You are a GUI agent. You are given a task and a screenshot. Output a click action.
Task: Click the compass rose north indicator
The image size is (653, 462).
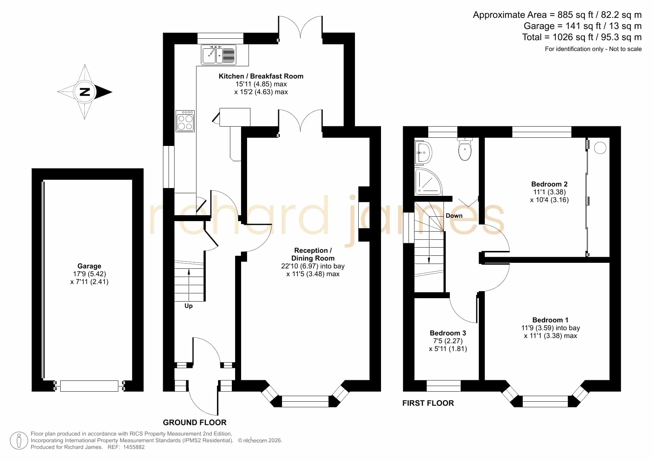point(85,92)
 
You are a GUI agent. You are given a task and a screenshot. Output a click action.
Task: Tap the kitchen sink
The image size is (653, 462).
point(219,55)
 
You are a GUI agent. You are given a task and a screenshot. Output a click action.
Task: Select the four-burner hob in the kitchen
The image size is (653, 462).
point(185,121)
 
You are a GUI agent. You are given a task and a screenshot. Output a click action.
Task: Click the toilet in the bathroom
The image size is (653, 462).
point(465,149)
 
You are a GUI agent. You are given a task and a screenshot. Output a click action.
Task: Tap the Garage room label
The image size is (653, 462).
point(89,266)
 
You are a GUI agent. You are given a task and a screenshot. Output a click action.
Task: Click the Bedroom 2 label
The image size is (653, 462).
point(549,184)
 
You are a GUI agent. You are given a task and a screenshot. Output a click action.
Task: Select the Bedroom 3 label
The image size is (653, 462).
point(448,333)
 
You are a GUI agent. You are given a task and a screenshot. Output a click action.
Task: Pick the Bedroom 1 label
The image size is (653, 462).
point(550,320)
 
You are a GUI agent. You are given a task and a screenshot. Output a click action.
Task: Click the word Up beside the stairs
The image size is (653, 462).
point(189,306)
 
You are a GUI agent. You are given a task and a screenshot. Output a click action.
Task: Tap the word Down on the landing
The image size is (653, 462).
point(454,216)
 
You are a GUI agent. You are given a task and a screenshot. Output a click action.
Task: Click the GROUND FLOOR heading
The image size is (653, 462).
point(195,422)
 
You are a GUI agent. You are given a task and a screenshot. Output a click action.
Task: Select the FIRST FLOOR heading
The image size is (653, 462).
point(428,403)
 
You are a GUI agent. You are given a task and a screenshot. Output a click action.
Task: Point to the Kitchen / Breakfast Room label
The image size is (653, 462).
point(261,76)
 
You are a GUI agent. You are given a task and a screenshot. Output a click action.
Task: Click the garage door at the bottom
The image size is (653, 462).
point(89,386)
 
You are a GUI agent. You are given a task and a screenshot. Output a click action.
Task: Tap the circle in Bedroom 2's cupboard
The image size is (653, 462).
point(600,148)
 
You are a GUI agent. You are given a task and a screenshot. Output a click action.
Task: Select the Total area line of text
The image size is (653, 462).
point(582,37)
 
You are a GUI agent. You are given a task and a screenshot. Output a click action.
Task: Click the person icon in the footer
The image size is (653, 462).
point(19,440)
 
